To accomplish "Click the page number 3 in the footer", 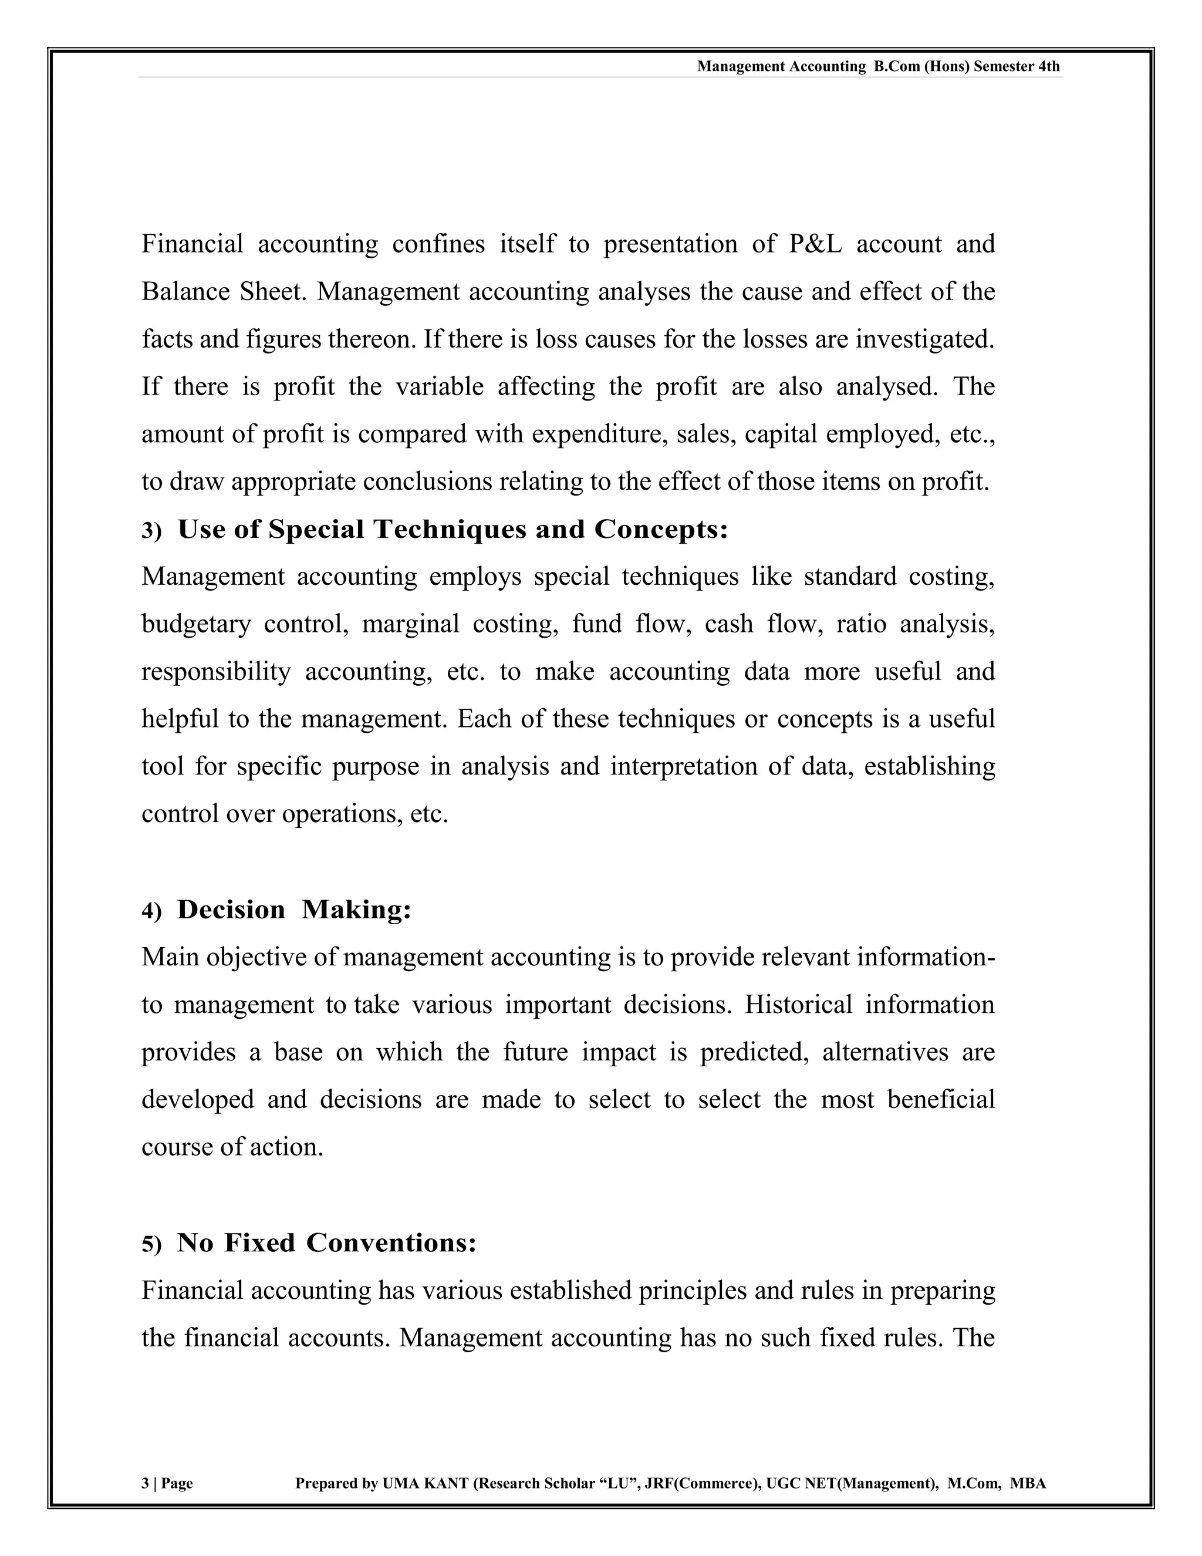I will [x=146, y=1483].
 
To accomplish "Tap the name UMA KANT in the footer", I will [x=425, y=1483].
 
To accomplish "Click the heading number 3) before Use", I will [x=151, y=531].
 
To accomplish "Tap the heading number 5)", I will [x=151, y=1245].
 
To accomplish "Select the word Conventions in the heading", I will [x=391, y=1243].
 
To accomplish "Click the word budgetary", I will [x=196, y=625].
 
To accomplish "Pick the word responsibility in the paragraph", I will [x=216, y=672].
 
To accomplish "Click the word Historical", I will [x=798, y=1005].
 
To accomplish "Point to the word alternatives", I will [x=885, y=1052].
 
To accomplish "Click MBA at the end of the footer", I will [x=1028, y=1483].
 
